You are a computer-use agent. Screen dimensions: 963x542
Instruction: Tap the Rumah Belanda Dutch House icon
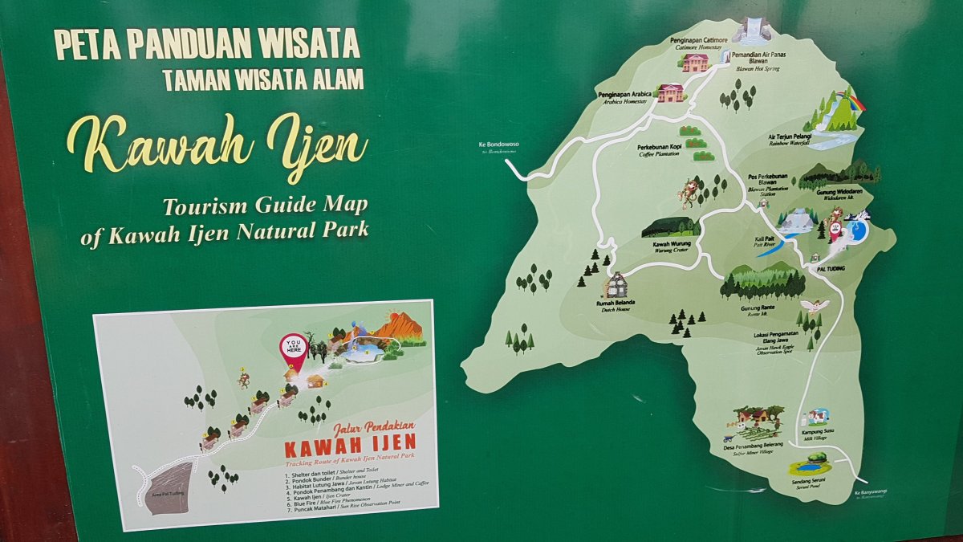tap(616, 285)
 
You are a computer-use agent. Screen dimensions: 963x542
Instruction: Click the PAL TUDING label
tap(831, 269)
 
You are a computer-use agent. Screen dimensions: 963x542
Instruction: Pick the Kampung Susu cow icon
tap(818, 417)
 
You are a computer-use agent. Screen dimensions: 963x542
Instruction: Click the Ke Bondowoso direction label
tap(498, 146)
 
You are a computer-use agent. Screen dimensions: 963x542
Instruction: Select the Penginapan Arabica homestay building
tap(669, 92)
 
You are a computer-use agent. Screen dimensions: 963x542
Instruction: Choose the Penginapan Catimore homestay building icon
tap(695, 63)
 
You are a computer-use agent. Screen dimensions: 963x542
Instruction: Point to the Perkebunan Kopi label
tap(659, 150)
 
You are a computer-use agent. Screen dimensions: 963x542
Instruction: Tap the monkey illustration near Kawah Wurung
tap(689, 192)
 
